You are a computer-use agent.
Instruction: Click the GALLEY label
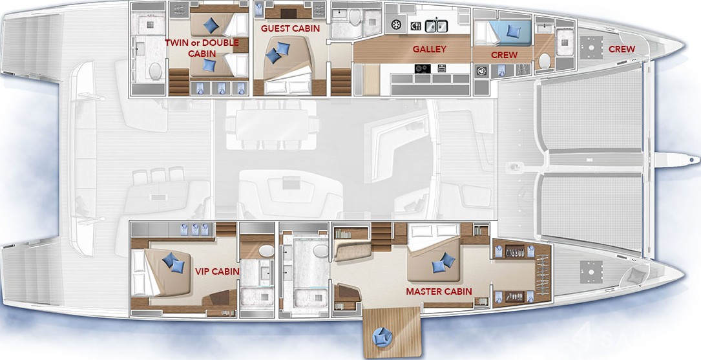[429, 49]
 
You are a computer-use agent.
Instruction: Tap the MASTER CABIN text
[439, 291]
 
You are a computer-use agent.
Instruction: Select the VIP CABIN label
[217, 271]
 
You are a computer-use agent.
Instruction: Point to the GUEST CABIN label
[290, 28]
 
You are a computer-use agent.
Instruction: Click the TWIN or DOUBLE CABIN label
[201, 48]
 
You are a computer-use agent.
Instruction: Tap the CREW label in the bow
[622, 49]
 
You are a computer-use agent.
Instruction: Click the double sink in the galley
[436, 26]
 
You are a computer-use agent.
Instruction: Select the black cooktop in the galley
[423, 69]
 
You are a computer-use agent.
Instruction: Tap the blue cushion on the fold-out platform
[382, 336]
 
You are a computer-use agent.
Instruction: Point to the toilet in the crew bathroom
[545, 61]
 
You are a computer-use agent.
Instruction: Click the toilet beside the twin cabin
[155, 71]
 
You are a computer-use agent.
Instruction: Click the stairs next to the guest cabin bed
[341, 82]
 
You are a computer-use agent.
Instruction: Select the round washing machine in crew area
[481, 71]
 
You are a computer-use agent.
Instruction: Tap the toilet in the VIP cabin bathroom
[267, 251]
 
